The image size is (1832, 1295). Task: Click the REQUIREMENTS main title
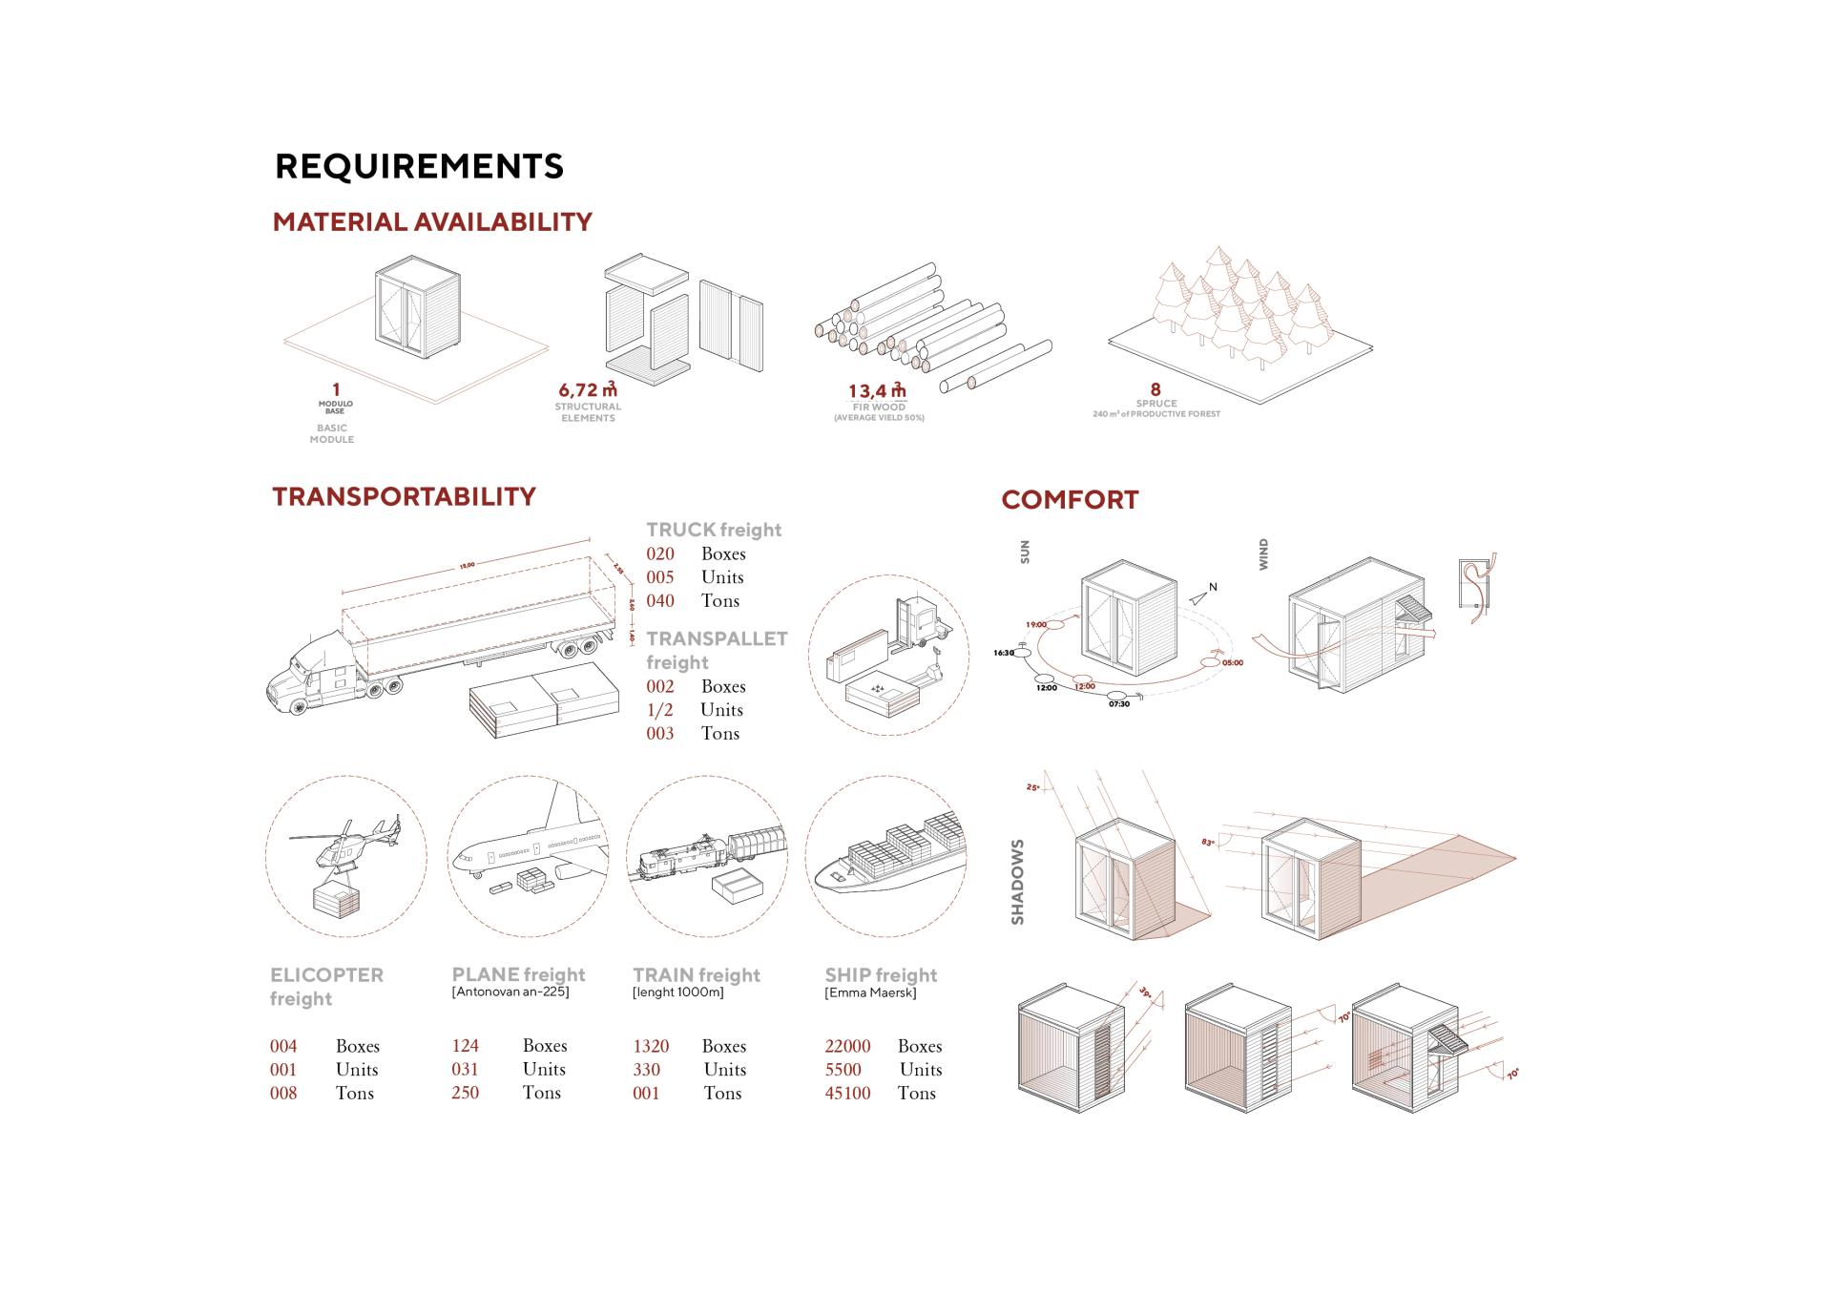click(x=419, y=166)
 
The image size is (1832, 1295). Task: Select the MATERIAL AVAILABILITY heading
click(x=432, y=222)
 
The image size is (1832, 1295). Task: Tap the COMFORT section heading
click(x=1070, y=500)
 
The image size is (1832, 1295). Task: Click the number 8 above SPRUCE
click(x=1155, y=389)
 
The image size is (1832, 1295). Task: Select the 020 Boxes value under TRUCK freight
click(x=660, y=554)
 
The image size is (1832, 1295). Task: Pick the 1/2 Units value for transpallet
click(x=660, y=710)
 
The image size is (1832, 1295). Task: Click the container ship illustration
click(x=887, y=859)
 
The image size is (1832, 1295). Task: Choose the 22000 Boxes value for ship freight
click(x=847, y=1046)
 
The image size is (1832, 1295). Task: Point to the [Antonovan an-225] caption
click(x=510, y=992)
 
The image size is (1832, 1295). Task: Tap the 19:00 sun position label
click(x=1036, y=625)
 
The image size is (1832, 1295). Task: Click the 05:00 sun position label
click(x=1232, y=662)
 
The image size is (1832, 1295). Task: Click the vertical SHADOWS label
click(x=1017, y=882)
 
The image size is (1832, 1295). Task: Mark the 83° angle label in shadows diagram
click(x=1208, y=843)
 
